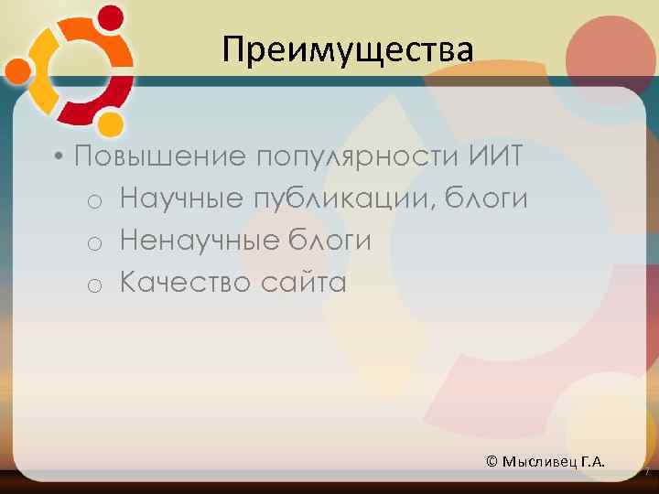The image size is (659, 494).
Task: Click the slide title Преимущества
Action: pos(348,49)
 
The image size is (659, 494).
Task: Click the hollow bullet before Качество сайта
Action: pos(94,285)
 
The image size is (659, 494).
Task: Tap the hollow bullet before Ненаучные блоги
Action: pos(94,243)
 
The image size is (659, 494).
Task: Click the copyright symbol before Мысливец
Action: pos(492,461)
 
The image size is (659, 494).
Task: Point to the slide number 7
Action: pos(646,472)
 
